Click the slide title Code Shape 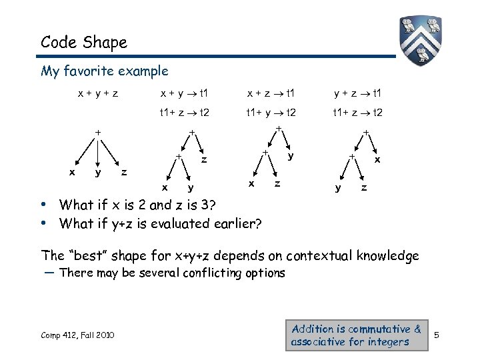coord(83,43)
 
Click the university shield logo coord(421,41)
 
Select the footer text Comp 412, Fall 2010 coord(77,334)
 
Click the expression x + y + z coord(97,93)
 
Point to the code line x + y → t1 coord(184,93)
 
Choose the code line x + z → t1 coord(271,93)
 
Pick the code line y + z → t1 coord(358,93)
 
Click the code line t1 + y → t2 coord(271,113)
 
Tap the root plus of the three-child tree coord(97,133)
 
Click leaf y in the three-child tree coord(98,173)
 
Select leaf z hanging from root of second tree coord(204,160)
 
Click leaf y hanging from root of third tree coord(291,156)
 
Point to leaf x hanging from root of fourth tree coord(377,160)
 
